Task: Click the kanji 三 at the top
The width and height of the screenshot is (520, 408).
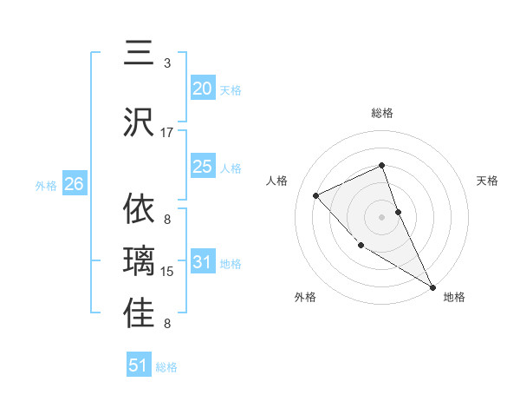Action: click(x=140, y=52)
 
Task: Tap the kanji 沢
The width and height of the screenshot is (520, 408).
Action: click(x=140, y=122)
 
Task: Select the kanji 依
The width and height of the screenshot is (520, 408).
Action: click(x=140, y=209)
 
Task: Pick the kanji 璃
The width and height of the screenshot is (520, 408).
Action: click(x=140, y=261)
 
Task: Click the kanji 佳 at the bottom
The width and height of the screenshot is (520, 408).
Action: click(x=140, y=313)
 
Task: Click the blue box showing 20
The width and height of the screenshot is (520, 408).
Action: click(x=203, y=89)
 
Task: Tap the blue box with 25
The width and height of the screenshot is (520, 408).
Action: click(x=203, y=167)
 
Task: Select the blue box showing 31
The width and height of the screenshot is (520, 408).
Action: click(x=203, y=262)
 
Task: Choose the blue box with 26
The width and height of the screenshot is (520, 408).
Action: click(x=75, y=184)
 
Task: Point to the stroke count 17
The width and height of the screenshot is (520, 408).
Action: click(x=167, y=132)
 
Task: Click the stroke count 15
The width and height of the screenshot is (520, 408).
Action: click(x=167, y=272)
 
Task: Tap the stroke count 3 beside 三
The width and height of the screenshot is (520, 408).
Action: click(x=167, y=63)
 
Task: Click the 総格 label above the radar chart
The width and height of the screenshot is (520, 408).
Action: click(x=382, y=113)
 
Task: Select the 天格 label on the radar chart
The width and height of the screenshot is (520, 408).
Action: click(x=488, y=181)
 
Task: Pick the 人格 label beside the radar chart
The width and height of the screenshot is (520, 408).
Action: click(x=277, y=181)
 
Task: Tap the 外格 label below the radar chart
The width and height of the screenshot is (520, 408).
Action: click(x=305, y=297)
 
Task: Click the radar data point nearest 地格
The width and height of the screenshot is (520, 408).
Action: click(x=432, y=286)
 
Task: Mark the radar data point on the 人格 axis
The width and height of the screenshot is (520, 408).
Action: click(x=316, y=195)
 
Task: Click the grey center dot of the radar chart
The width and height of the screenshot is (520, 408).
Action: click(x=382, y=216)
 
